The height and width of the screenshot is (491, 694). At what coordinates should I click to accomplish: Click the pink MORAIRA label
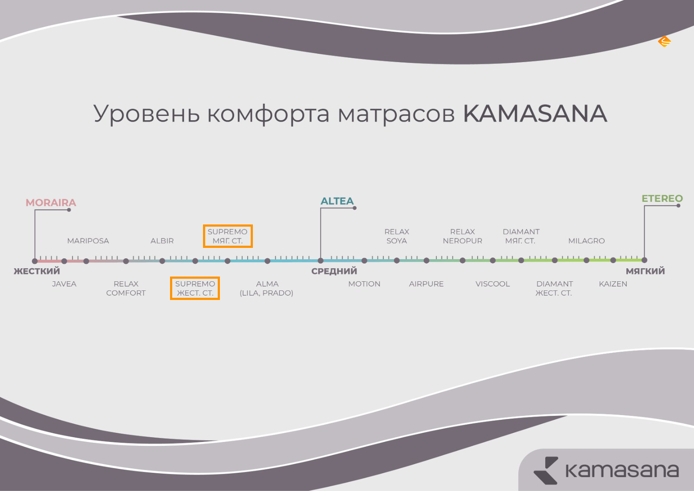point(51,203)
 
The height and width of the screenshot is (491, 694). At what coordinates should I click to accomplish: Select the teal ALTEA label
point(337,201)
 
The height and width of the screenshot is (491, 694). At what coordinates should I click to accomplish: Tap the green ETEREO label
point(662,198)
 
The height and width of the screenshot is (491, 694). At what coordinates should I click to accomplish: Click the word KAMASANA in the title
point(535,113)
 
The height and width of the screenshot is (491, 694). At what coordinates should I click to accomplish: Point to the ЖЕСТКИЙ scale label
point(37,271)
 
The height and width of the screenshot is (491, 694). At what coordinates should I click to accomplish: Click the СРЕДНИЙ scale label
point(334,271)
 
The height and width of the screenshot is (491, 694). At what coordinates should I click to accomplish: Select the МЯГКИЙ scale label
point(645,271)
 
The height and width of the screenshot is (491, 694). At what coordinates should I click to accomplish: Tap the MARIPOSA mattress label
point(88,241)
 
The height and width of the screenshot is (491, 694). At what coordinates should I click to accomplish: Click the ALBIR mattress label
point(162,241)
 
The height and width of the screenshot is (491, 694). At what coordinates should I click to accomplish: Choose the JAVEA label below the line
point(64,284)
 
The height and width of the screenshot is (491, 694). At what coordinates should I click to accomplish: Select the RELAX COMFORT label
point(126,288)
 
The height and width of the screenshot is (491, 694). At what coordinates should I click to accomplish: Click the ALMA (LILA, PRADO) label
point(266,288)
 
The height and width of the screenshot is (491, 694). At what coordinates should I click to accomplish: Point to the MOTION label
point(364,284)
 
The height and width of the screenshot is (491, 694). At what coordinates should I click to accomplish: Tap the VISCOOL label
point(493,284)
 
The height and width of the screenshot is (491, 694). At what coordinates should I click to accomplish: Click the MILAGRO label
point(586,241)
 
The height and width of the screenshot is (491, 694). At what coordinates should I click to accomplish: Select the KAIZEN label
point(613,284)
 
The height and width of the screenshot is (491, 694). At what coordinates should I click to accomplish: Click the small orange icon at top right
point(665,41)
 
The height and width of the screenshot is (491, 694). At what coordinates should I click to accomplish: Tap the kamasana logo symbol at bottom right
point(546,470)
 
